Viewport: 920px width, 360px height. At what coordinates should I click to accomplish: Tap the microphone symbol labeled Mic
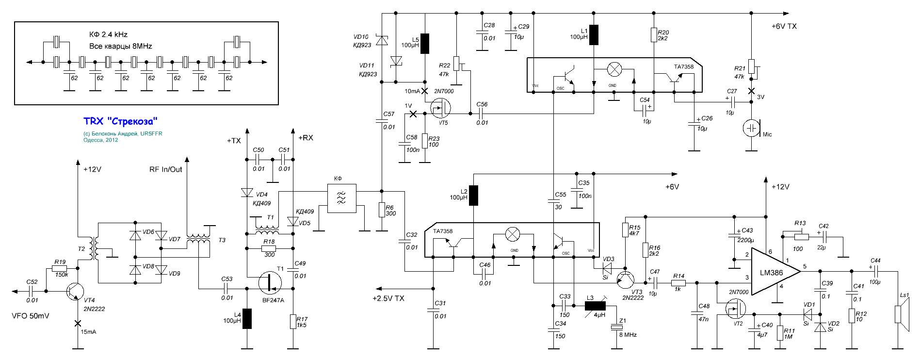coord(751,128)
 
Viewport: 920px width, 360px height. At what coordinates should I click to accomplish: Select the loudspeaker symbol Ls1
coord(901,314)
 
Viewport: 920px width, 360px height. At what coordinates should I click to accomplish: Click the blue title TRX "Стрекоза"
coord(120,121)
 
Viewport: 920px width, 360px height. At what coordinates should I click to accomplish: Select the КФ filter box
coord(342,198)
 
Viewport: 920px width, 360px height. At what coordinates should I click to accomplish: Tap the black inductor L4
coord(247,319)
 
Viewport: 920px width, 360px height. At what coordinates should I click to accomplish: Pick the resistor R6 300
coord(382,210)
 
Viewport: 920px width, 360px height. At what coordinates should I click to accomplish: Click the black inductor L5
coord(425,43)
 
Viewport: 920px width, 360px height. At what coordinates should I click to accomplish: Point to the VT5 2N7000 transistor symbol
coord(440,109)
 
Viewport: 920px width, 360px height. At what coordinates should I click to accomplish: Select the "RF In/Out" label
coord(166,169)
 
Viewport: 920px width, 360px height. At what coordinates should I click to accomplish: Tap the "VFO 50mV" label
coord(31,316)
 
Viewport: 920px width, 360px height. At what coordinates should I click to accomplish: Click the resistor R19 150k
coord(60,268)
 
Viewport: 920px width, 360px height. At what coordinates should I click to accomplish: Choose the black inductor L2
coord(473,196)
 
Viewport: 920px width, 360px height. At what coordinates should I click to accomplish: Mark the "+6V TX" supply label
coord(784,26)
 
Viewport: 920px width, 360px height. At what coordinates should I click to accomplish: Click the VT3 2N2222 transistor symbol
coord(626,279)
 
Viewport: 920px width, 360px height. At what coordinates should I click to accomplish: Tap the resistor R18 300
coord(269,248)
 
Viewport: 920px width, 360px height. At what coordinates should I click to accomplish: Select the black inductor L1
coord(594,35)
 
